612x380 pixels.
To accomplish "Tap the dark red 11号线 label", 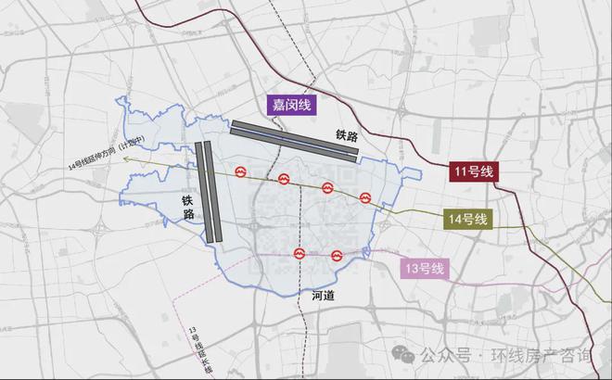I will [x=474, y=171].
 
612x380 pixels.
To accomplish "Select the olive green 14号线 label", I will [x=468, y=220].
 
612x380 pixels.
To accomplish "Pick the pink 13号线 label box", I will [x=423, y=270].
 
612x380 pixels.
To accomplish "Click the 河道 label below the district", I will [x=323, y=296].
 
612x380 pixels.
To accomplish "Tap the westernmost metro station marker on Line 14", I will [x=241, y=171].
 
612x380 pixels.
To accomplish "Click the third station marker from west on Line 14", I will [x=327, y=188].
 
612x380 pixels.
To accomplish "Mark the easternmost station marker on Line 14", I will [x=366, y=198].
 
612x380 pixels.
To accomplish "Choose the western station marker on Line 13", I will [x=300, y=253].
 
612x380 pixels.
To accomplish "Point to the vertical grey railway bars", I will [x=210, y=192].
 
